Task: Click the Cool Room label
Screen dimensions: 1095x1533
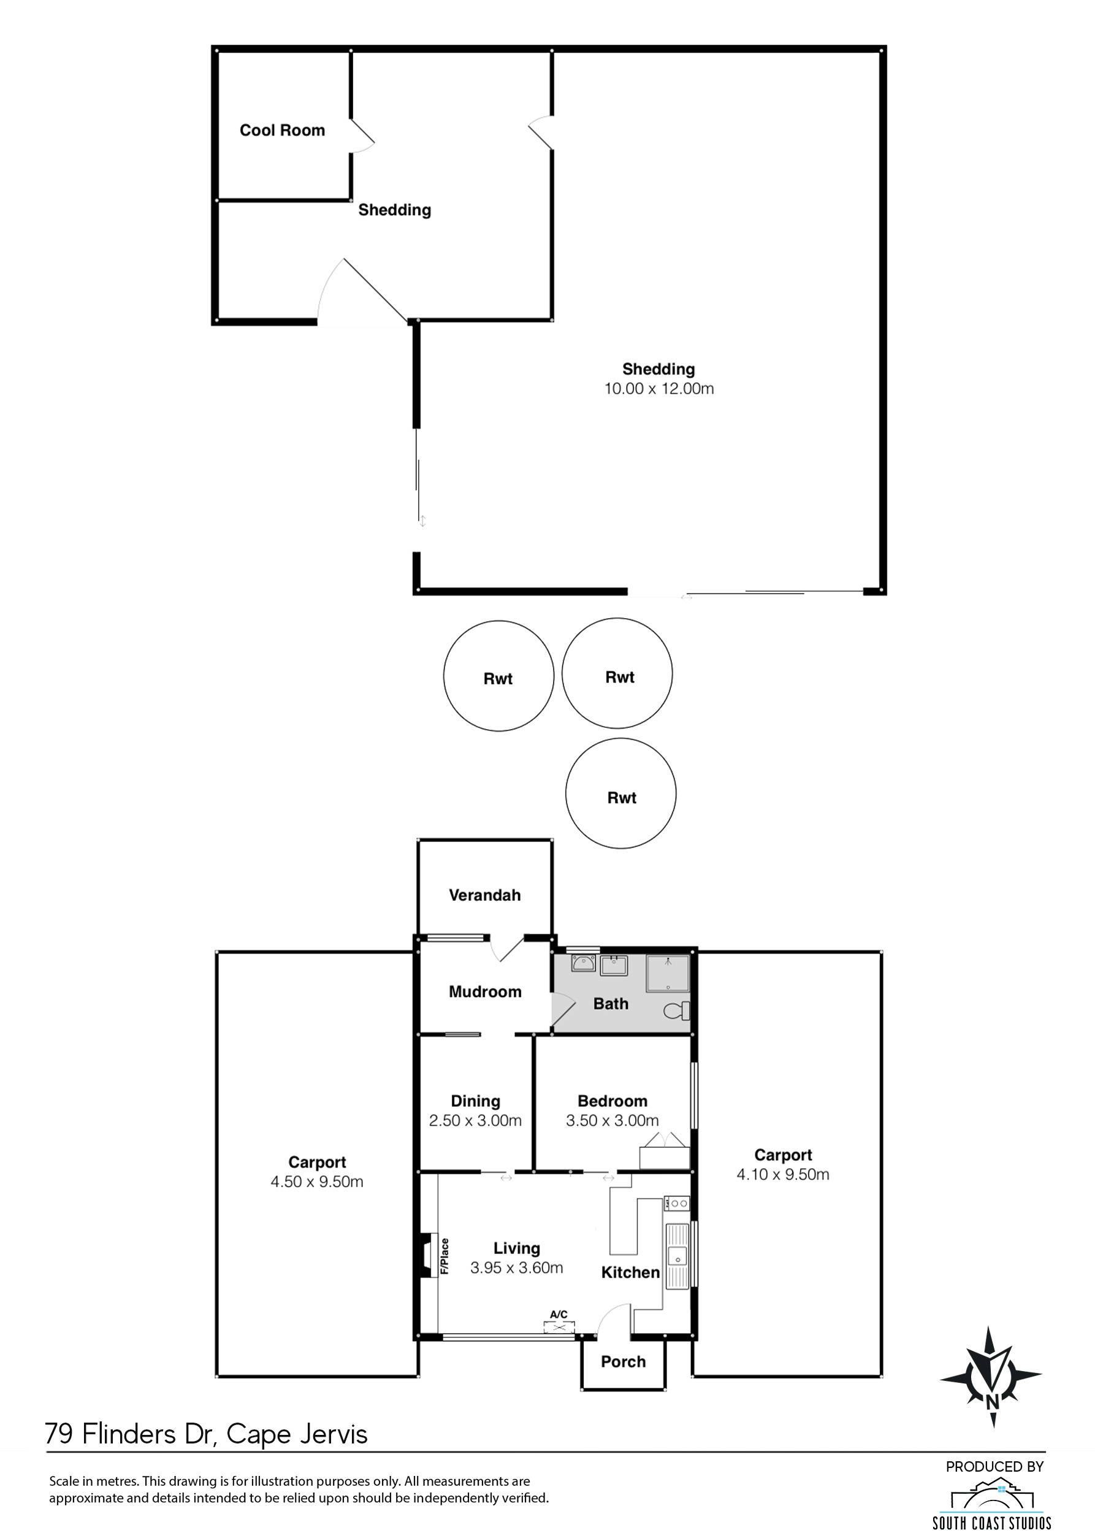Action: click(x=282, y=130)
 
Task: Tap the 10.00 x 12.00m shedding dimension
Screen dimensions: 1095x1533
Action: click(x=658, y=389)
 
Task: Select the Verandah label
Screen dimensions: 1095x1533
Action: click(x=485, y=895)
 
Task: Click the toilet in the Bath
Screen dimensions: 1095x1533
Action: click(x=677, y=1011)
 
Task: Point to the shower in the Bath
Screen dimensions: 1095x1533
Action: click(x=668, y=973)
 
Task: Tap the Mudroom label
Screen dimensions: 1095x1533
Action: click(x=485, y=992)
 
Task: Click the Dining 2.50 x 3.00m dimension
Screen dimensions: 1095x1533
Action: click(x=475, y=1120)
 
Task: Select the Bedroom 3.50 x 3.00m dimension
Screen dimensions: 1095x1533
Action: click(x=612, y=1120)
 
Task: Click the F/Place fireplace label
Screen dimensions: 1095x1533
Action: click(x=444, y=1256)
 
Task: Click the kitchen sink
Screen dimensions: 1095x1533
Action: click(x=676, y=1256)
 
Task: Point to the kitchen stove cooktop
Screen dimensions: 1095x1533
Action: click(x=676, y=1202)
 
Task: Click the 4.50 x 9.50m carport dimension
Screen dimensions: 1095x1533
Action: click(x=317, y=1182)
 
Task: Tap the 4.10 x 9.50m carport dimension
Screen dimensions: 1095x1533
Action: click(x=783, y=1174)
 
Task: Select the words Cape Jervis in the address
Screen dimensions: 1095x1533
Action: click(x=297, y=1434)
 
